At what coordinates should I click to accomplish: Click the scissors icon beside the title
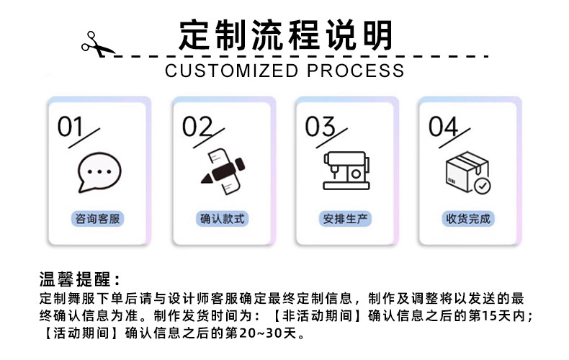pos(97,44)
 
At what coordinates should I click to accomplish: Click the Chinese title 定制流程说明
pos(286,35)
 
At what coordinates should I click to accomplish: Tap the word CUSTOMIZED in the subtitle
pos(232,71)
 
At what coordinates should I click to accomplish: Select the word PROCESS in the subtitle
pos(356,71)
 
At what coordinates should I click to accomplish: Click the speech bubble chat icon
pos(99,174)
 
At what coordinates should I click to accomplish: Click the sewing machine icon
pos(346,171)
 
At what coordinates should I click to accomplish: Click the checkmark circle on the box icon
pos(483,185)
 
